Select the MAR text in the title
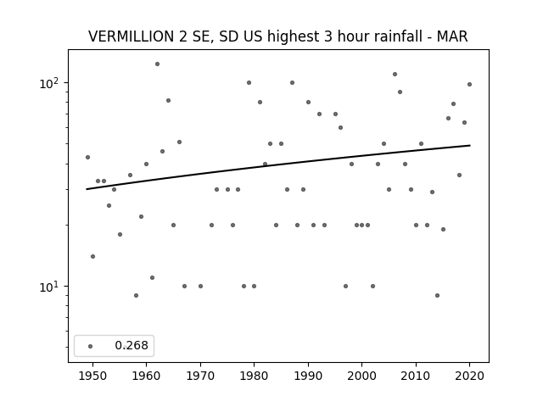[452, 36]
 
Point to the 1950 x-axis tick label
[92, 376]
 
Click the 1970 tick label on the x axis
[200, 376]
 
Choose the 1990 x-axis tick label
[308, 376]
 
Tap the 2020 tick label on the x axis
[469, 376]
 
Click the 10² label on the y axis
[51, 83]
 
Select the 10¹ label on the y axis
[51, 287]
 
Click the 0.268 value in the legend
[132, 345]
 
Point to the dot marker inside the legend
[91, 346]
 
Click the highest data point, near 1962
[157, 64]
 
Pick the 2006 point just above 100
[395, 74]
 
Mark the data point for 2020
[469, 85]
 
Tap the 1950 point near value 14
[92, 256]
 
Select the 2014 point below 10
[438, 296]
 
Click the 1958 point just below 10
[136, 296]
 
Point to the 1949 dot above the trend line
[87, 158]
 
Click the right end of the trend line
[470, 145]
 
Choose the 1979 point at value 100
[249, 83]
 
